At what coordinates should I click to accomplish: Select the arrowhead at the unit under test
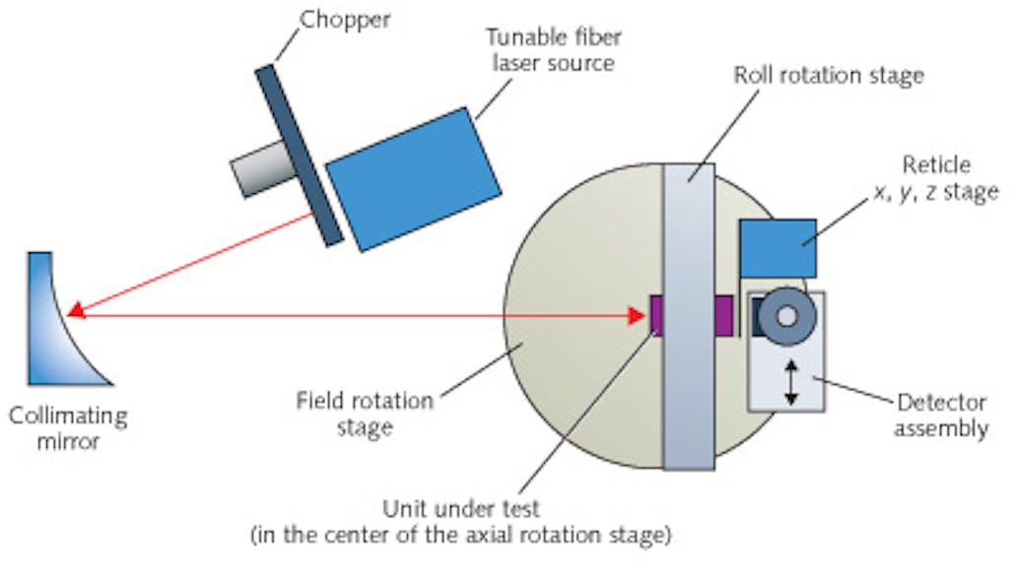(639, 315)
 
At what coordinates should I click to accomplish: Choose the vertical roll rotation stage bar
(688, 315)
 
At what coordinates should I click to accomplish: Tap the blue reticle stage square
(778, 247)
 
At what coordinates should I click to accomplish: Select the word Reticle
(941, 164)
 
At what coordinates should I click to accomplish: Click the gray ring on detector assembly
(786, 315)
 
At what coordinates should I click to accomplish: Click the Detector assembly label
(940, 415)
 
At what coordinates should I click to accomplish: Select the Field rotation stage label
(365, 414)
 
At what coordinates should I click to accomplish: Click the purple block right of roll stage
(724, 315)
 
